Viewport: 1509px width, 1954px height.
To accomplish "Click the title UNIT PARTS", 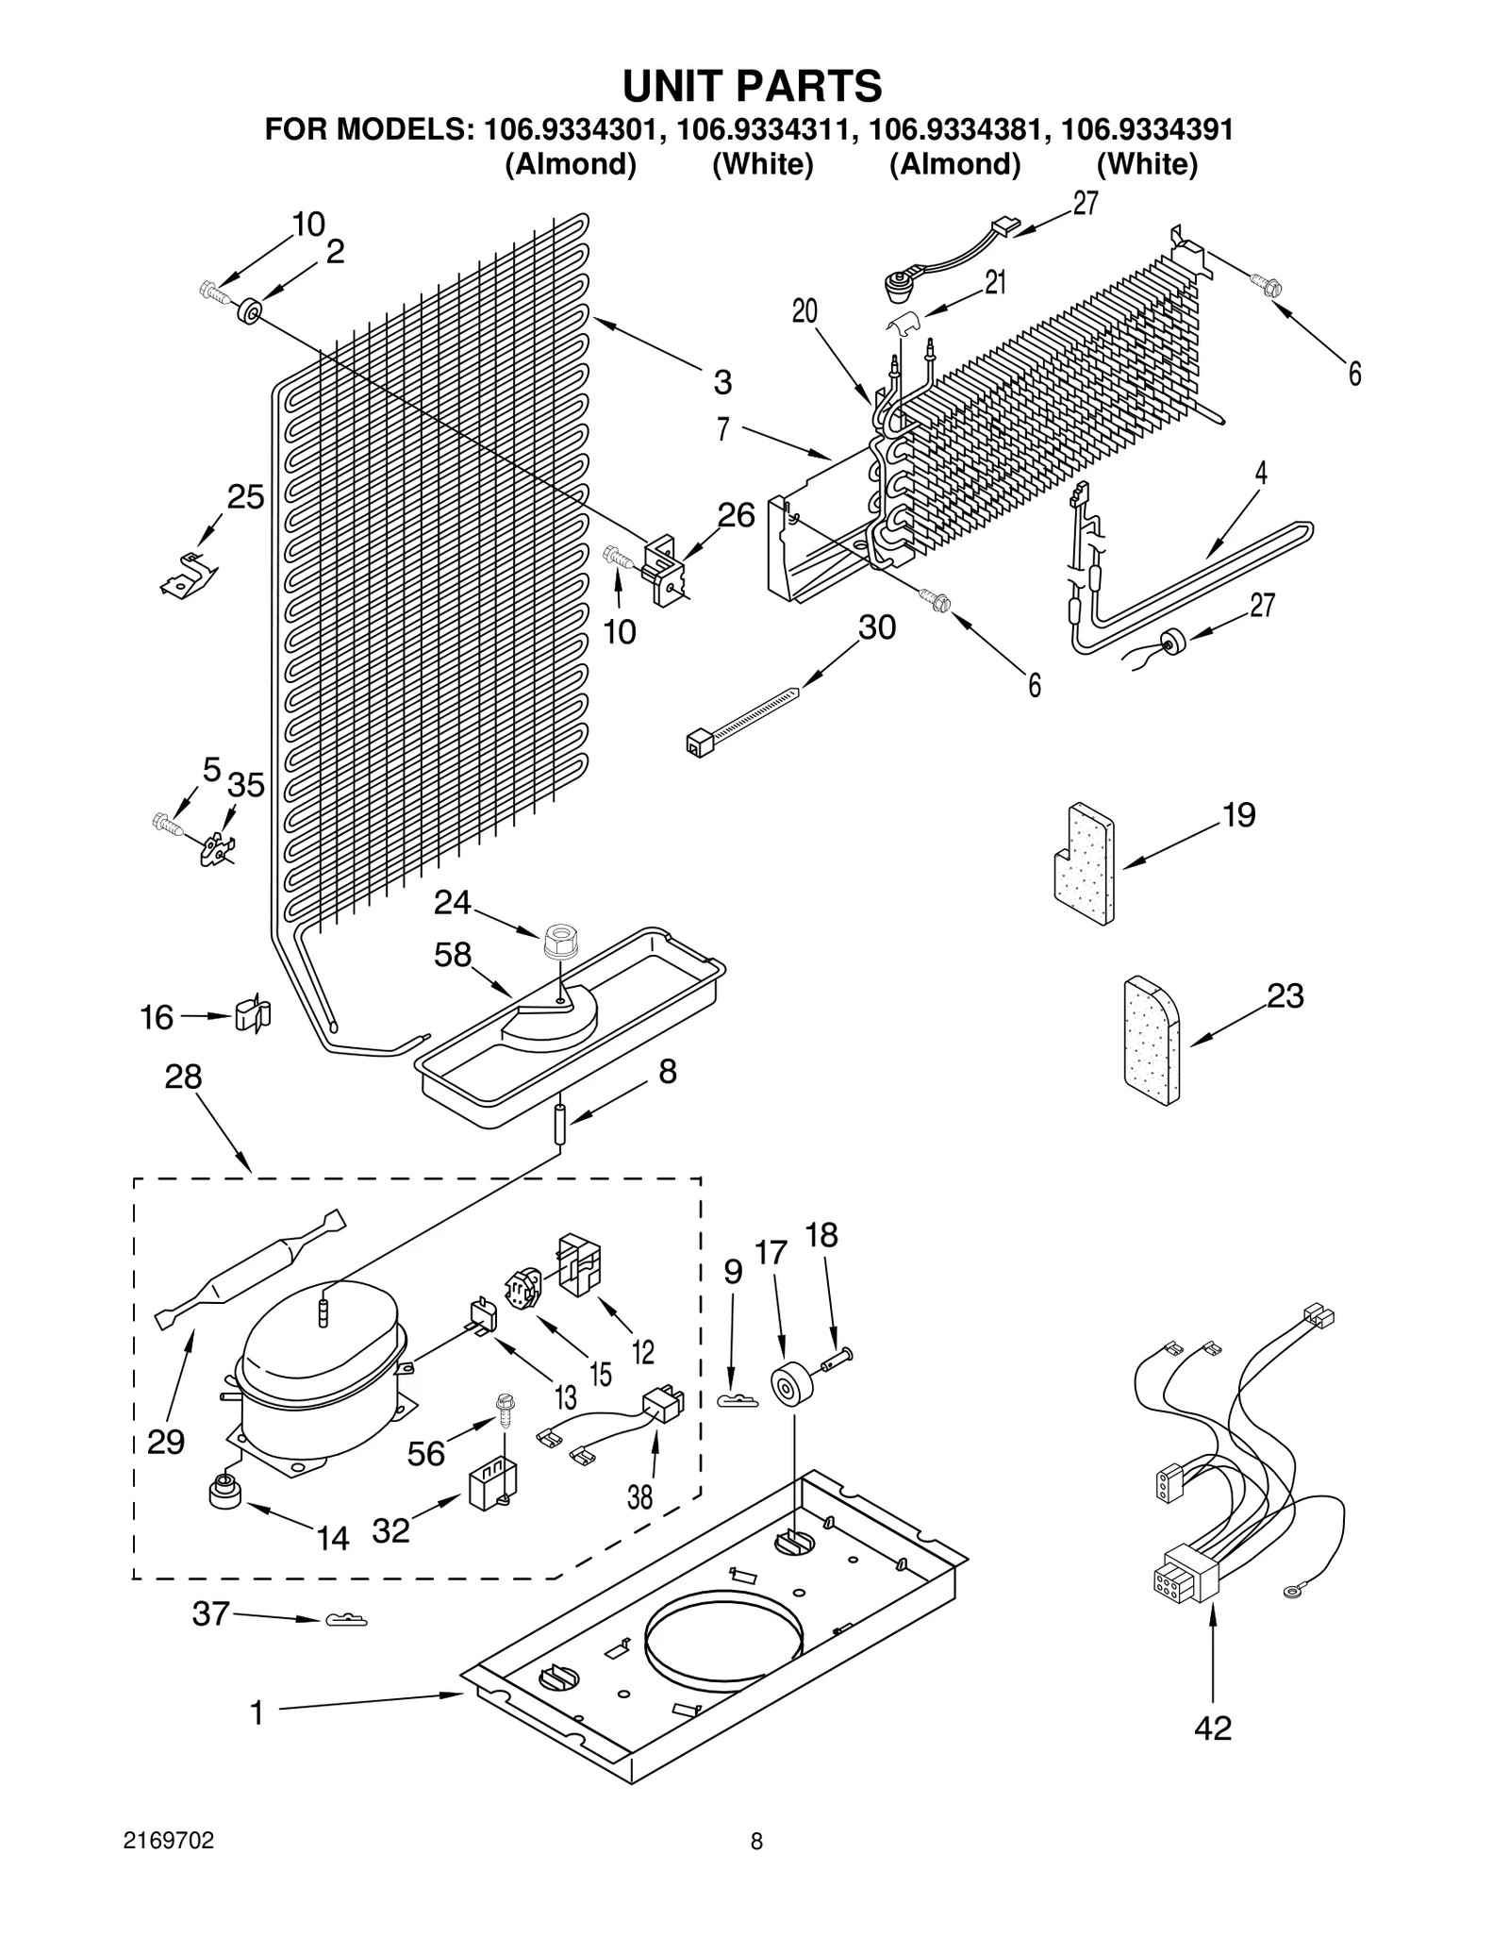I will coord(752,86).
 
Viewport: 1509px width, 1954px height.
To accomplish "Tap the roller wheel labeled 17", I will coord(789,1386).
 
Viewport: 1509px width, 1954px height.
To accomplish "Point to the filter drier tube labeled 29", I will coord(250,1269).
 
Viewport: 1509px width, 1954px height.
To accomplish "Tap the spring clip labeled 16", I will coord(252,1015).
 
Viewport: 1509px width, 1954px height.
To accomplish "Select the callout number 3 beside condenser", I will coord(721,382).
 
